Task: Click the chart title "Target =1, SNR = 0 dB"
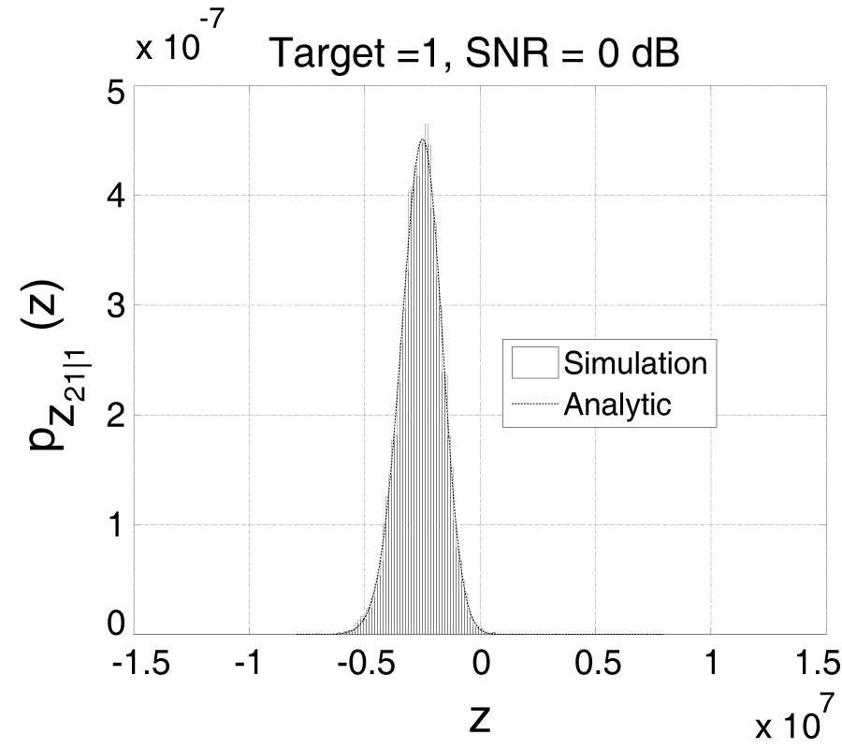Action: coord(473,55)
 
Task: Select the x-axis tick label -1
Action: coord(248,663)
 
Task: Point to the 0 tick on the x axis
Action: coord(481,663)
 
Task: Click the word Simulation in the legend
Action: coord(634,362)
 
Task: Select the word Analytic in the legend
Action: coord(617,404)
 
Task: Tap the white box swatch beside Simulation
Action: coord(535,362)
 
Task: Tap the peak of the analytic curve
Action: coord(423,140)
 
